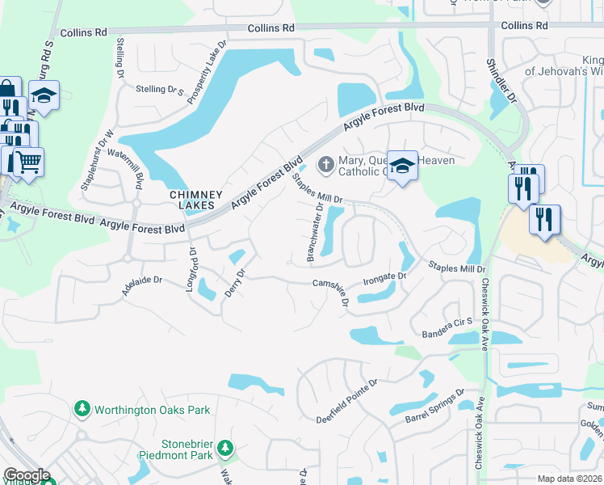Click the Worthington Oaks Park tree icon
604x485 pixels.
point(82,410)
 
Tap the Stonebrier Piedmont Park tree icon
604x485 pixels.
point(227,448)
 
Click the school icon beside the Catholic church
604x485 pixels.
point(402,167)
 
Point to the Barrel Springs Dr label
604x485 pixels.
point(436,407)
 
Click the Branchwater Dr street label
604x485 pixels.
point(315,233)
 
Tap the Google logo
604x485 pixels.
point(27,475)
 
